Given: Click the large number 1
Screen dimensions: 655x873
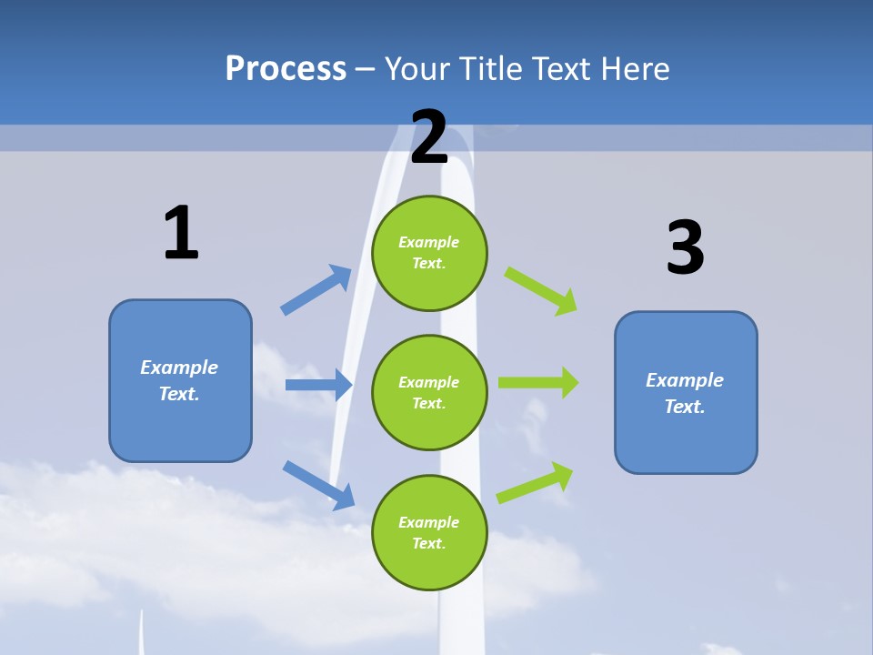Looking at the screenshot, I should [181, 233].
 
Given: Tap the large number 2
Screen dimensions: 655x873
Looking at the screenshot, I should [429, 137].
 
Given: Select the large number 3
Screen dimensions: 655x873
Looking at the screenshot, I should [685, 247].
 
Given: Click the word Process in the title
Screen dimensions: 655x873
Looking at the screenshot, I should [286, 68].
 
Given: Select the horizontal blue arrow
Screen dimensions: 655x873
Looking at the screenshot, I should [318, 385].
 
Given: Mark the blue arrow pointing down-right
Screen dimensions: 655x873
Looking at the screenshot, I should [319, 485].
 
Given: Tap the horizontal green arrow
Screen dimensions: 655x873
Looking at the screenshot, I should [538, 382].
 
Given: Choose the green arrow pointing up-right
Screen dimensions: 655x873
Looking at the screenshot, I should [536, 482].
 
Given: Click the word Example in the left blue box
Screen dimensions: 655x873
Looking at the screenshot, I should [179, 368].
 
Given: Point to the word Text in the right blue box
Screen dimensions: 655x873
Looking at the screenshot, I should [684, 407].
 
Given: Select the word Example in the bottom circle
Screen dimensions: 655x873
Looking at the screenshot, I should [429, 522].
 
